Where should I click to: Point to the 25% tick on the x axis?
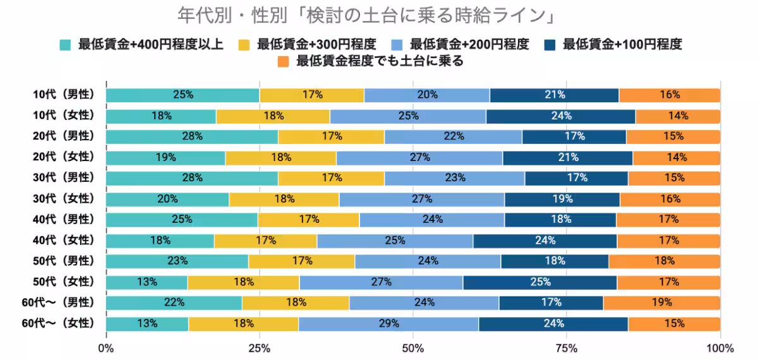click(x=260, y=348)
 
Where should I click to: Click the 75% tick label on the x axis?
click(x=567, y=348)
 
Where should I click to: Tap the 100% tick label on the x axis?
click(x=719, y=348)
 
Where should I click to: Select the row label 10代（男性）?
click(x=64, y=95)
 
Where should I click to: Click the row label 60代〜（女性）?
click(x=59, y=323)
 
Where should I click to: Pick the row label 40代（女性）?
click(x=64, y=240)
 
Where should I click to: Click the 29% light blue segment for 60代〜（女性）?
click(x=388, y=324)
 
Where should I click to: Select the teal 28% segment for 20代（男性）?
click(x=192, y=136)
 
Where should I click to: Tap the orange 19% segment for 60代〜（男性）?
click(x=661, y=303)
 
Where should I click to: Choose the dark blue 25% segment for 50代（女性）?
click(x=540, y=282)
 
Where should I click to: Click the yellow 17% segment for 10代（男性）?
click(x=312, y=95)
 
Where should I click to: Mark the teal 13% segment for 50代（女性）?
click(x=147, y=282)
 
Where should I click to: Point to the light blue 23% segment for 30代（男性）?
click(x=454, y=178)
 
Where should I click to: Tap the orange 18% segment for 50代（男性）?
click(x=664, y=261)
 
